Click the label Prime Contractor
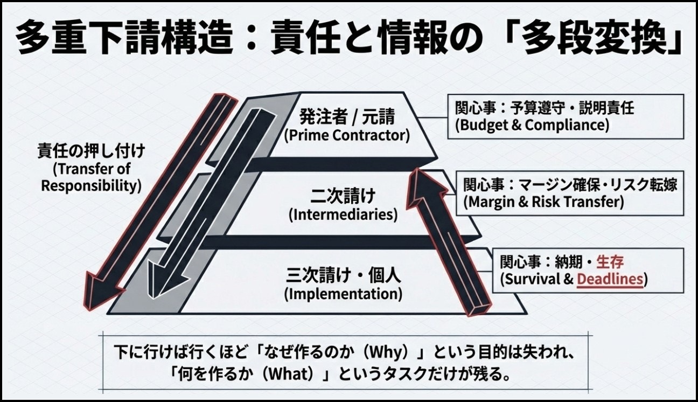coord(347,135)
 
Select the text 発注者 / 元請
coord(347,116)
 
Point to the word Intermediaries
coord(343,214)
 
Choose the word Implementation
coord(343,294)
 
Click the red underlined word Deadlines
coord(610,279)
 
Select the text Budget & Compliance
coord(532,125)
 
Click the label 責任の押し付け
coord(92,150)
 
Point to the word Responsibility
coord(91,186)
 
